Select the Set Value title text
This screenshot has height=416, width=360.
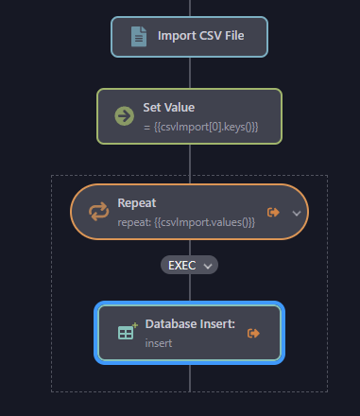tap(168, 108)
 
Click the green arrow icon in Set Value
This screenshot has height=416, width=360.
tap(124, 116)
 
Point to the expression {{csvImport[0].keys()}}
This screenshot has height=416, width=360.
tap(200, 126)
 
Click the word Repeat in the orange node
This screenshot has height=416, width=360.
tap(136, 202)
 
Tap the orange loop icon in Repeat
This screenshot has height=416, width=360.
tap(99, 212)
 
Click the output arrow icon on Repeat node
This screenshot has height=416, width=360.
tap(274, 212)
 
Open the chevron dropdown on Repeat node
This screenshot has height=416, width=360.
tap(296, 213)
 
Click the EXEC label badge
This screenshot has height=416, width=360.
tap(181, 265)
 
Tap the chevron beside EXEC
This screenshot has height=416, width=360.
tap(207, 266)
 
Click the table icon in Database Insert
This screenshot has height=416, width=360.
tap(126, 332)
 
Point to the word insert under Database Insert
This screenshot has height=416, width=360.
tap(158, 342)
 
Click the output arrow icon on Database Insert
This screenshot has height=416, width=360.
tap(252, 333)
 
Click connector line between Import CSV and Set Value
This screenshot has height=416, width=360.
tap(190, 73)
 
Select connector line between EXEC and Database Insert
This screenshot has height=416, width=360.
tap(190, 288)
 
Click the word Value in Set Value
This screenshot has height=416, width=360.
tap(178, 108)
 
